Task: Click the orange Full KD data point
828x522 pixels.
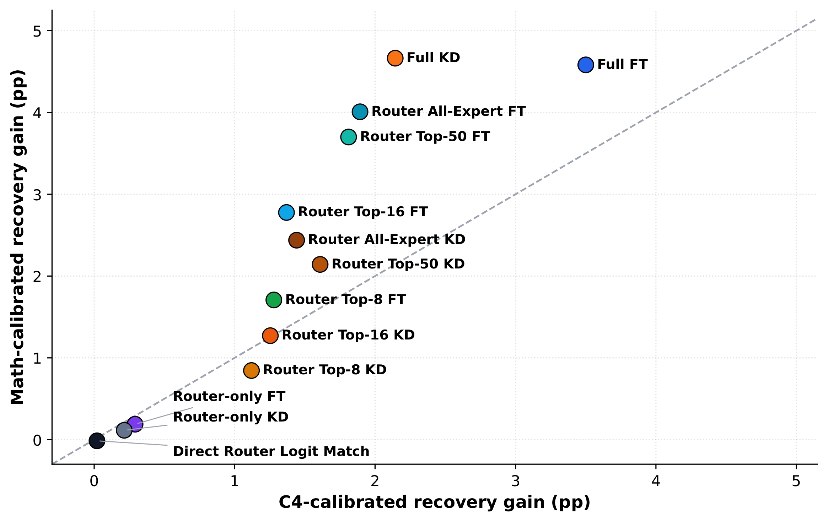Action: (395, 58)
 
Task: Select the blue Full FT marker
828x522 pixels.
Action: (586, 65)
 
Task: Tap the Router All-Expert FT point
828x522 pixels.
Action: (360, 112)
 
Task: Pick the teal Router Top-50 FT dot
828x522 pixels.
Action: (349, 137)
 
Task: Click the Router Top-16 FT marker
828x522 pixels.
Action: (286, 212)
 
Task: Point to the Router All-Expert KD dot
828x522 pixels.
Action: (297, 240)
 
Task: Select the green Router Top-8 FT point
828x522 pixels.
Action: (274, 300)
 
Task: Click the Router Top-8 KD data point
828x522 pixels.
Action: (251, 371)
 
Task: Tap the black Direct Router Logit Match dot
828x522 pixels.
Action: (97, 441)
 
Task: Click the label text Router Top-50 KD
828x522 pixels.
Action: (398, 264)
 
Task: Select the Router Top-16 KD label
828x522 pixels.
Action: (348, 335)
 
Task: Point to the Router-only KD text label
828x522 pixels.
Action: (231, 417)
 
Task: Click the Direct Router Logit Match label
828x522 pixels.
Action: (271, 451)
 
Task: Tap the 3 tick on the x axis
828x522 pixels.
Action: (515, 481)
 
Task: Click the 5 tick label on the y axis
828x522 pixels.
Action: (37, 32)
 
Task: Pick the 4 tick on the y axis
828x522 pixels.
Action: (37, 113)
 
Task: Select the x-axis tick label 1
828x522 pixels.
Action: (235, 481)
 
